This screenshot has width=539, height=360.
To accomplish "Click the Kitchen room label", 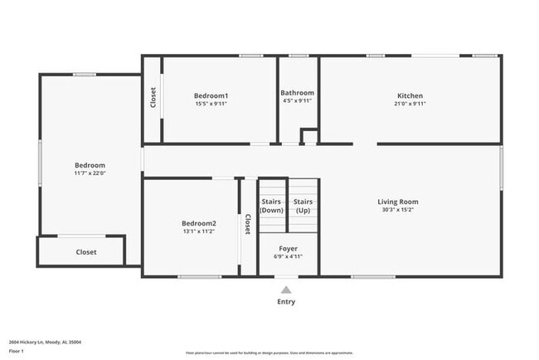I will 409,95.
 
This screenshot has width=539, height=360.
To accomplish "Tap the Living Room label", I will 397,202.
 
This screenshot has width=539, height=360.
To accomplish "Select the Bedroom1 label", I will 211,95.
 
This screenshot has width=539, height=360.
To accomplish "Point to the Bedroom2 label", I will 199,223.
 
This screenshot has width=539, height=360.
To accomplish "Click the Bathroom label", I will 297,93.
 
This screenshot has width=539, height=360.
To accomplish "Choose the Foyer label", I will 288,248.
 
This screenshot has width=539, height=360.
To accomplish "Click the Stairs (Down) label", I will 271,206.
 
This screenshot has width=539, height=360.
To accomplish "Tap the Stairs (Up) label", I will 303,206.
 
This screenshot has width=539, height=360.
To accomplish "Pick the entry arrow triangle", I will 285,289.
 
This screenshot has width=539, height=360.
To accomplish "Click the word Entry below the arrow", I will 285,302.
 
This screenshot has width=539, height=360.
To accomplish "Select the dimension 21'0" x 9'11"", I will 409,104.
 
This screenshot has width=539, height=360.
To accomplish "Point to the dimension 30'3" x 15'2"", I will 397,210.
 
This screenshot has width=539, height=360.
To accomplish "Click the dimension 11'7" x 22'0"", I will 90,173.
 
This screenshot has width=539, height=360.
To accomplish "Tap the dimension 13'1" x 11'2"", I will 199,231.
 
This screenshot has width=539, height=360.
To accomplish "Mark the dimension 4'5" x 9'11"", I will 297,101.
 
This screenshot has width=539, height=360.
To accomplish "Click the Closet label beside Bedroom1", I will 153,98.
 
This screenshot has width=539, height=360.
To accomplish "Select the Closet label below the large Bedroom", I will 86,252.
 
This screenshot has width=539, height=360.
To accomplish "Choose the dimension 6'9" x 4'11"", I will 288,256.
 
